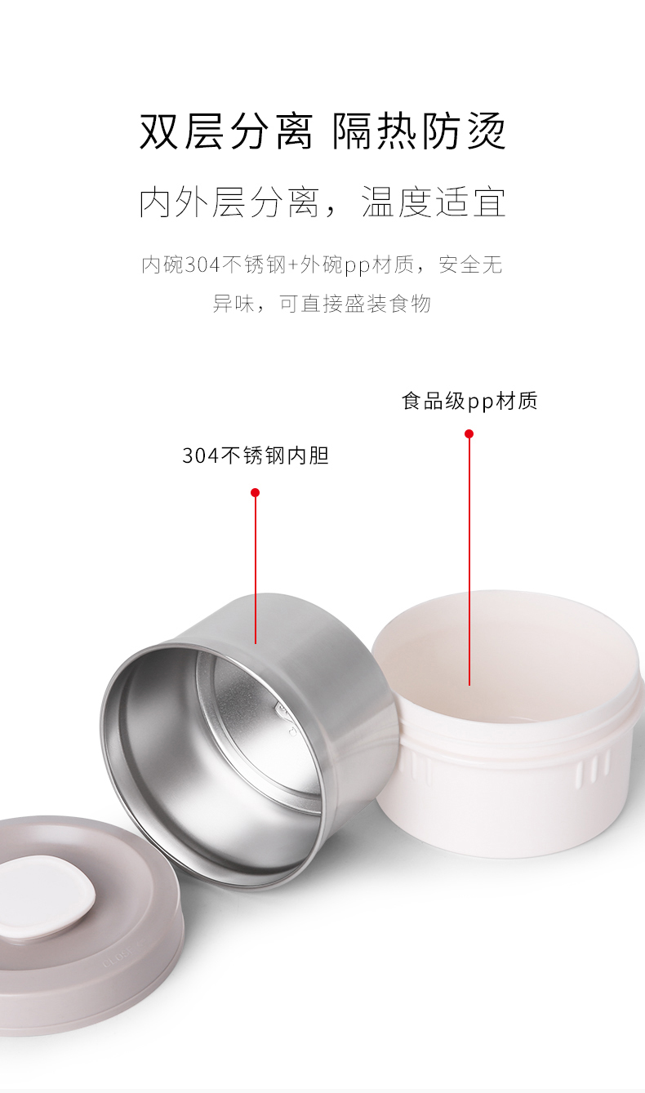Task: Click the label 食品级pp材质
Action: (469, 401)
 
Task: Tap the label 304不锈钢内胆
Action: (255, 455)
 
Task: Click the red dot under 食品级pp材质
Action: (469, 433)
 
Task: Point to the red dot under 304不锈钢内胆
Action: (255, 492)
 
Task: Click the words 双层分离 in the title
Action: (226, 131)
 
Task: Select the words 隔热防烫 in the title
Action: (419, 131)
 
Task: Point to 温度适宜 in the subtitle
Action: (434, 202)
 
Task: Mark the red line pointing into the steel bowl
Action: (255, 571)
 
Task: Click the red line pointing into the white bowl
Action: (469, 563)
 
